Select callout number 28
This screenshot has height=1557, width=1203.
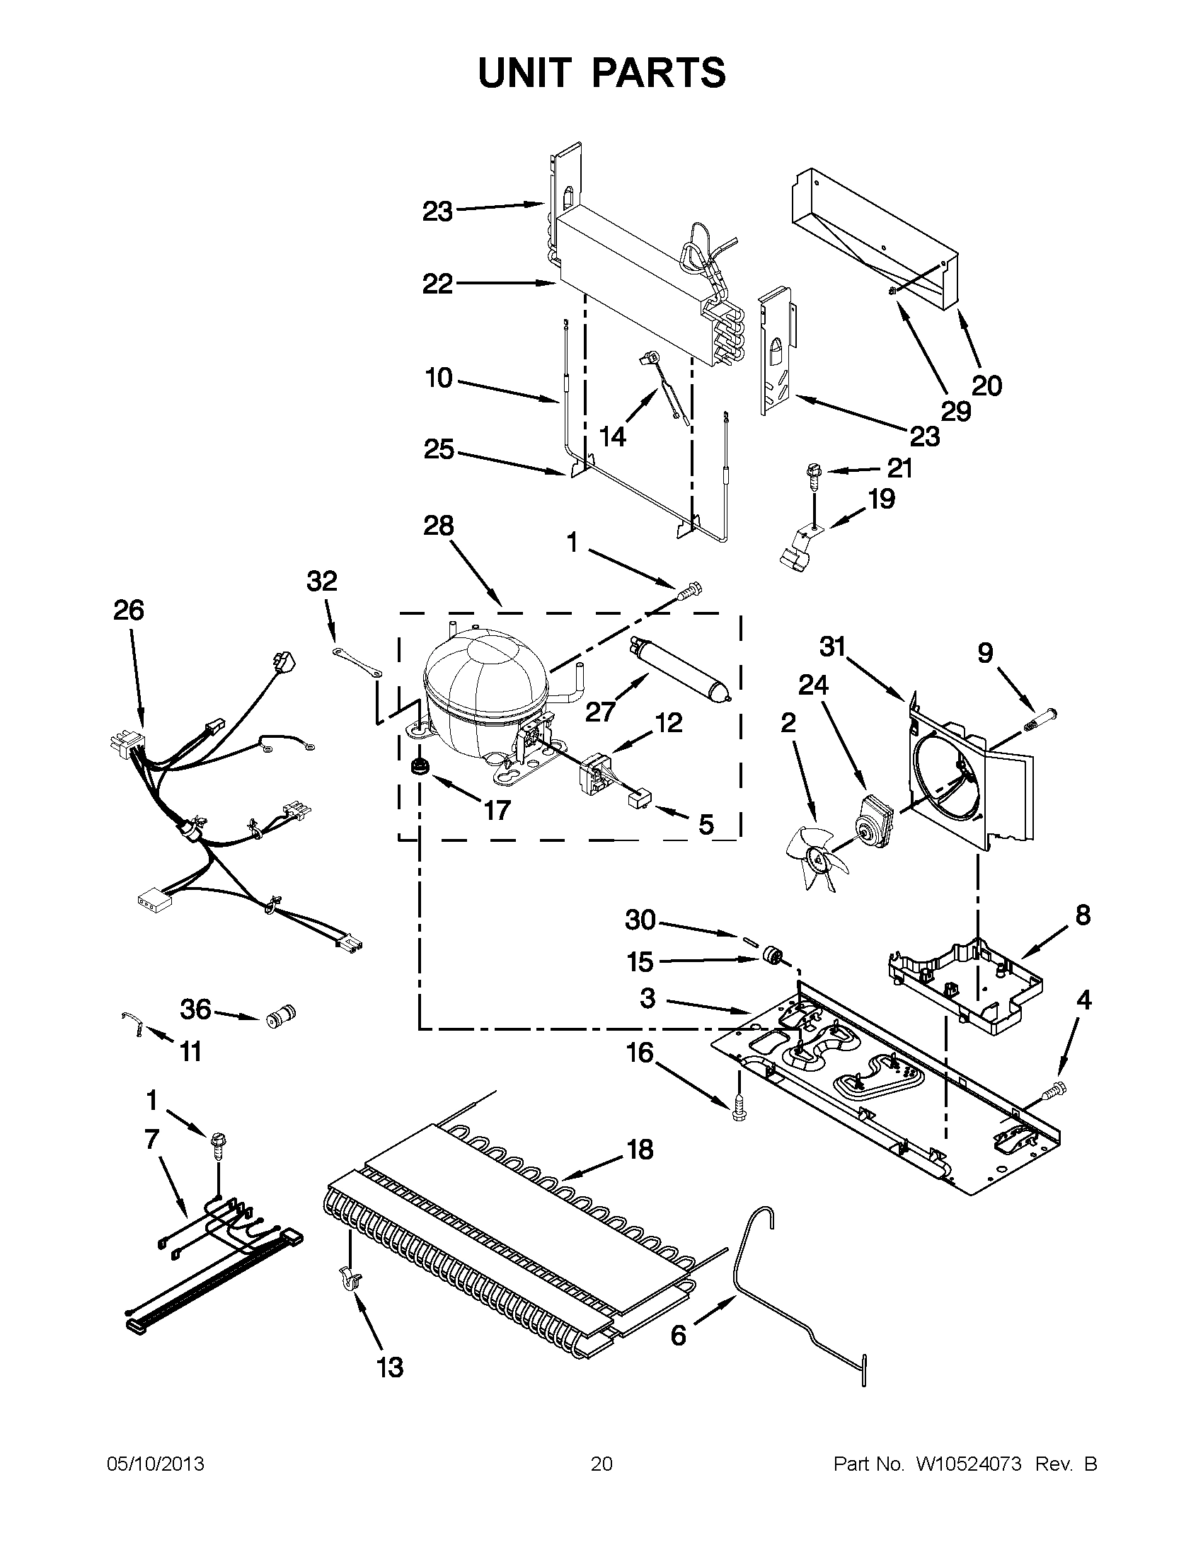pos(438,526)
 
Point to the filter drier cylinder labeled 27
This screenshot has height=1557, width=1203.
pos(680,672)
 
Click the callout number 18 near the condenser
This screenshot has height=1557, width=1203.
pos(640,1150)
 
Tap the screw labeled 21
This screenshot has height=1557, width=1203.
pos(812,473)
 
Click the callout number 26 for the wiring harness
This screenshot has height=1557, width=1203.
pos(128,610)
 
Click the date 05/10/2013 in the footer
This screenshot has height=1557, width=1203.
pos(156,1464)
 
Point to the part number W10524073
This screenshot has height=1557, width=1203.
pos(967,1464)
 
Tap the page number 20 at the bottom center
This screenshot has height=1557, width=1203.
pos(601,1464)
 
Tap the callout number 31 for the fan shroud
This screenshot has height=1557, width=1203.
pos(832,647)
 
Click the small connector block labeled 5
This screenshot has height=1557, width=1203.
pos(638,802)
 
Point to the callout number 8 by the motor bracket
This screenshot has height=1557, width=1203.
pos(1083,915)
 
